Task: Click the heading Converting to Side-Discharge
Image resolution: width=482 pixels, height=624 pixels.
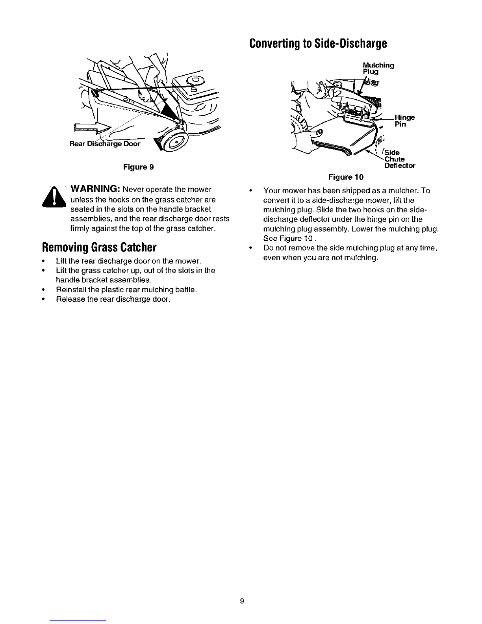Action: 318,43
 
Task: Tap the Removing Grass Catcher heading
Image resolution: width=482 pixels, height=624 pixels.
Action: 99,247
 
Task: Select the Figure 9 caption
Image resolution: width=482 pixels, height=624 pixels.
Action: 138,167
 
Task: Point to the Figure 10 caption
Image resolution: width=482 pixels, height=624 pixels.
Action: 346,177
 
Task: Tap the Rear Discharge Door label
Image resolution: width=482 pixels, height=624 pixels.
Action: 105,144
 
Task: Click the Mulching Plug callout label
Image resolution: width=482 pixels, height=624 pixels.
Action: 378,68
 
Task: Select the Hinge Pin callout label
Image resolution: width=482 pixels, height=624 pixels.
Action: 404,121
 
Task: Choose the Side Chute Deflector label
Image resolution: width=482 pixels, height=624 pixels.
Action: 400,159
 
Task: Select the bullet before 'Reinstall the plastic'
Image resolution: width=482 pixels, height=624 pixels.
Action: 43,290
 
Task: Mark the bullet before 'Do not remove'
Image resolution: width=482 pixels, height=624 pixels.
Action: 250,248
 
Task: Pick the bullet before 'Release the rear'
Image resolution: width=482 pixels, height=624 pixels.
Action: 43,299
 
